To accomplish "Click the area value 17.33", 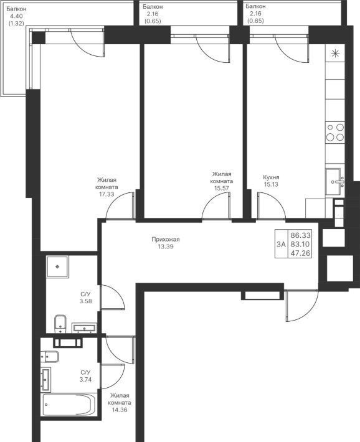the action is tap(107, 194).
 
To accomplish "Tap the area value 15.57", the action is tap(222, 188).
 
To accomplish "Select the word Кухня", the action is tap(271, 177).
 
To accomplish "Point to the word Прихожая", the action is tap(166, 240).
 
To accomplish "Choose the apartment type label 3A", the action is tap(282, 244).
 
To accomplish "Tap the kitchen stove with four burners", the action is tap(335, 132).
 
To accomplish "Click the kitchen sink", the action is tap(335, 182).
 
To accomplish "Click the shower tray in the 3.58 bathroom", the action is tap(57, 267).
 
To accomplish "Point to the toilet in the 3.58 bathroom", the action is tap(60, 324).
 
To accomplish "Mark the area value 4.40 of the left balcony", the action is tap(16, 16).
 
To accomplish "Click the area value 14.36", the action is tap(120, 410).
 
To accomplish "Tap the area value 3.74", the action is tap(85, 379).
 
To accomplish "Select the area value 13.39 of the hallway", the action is tap(166, 247).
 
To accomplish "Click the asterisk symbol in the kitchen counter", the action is tap(335, 54).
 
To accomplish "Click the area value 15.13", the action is tap(271, 184).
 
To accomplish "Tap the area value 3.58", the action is tap(85, 301).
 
